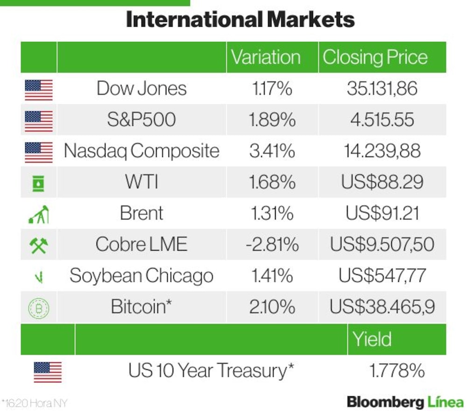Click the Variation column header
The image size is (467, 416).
(266, 57)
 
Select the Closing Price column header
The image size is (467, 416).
(375, 57)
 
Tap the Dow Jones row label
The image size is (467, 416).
(142, 88)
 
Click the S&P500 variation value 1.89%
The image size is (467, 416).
(272, 120)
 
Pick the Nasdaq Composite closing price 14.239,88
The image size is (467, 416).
(382, 151)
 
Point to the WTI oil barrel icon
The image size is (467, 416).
(38, 183)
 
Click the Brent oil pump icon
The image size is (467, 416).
(38, 214)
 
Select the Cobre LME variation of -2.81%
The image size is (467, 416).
(272, 244)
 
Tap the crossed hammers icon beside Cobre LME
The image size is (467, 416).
(39, 245)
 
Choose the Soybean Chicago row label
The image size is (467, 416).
(142, 276)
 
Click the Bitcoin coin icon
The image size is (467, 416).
(39, 308)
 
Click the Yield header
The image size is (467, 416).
(372, 339)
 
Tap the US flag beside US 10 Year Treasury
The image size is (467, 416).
(48, 372)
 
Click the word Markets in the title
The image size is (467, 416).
(311, 20)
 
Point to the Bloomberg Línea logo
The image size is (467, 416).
(405, 402)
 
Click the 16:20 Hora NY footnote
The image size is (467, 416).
(34, 403)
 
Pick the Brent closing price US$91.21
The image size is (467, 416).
(382, 213)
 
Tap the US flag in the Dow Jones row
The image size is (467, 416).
(39, 90)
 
